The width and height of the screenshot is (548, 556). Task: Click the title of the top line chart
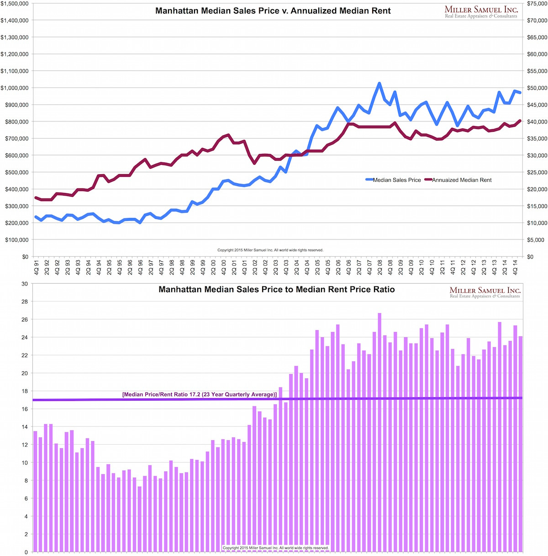tap(273, 11)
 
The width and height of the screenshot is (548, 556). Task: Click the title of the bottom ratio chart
tap(276, 290)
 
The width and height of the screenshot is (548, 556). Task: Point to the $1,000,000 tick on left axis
tap(15, 88)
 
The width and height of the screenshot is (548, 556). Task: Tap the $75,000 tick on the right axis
tap(537, 4)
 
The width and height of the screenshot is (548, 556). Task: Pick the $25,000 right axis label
tap(537, 172)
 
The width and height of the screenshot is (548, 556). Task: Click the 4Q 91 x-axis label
tap(36, 266)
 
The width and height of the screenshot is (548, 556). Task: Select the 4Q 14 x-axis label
tap(515, 266)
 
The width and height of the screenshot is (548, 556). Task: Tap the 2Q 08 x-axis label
tap(380, 266)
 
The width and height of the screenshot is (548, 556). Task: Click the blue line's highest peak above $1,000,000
tap(379, 83)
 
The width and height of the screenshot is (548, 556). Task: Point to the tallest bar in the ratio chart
tap(379, 431)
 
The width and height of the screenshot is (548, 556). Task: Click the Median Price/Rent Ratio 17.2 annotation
tap(200, 395)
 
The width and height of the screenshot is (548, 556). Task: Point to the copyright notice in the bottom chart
tap(276, 548)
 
